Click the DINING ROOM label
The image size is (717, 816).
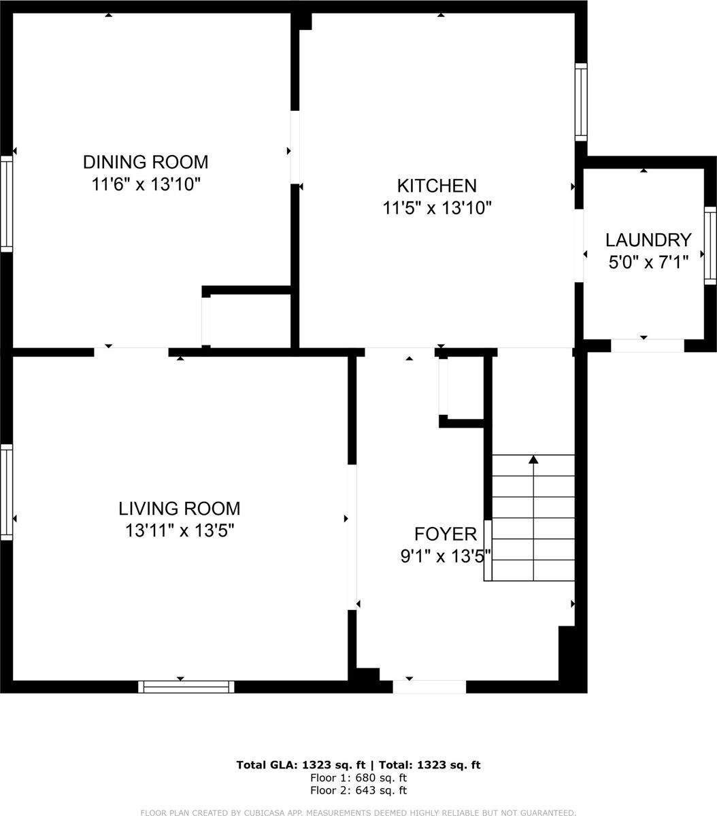[145, 163]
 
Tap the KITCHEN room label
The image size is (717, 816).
[437, 186]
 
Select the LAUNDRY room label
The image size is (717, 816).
[648, 240]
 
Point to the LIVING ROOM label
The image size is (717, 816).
[180, 509]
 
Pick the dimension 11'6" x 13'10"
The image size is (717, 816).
[146, 184]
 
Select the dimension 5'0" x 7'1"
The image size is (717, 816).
[648, 261]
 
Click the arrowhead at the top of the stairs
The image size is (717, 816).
[533, 460]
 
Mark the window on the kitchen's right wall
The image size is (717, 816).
[581, 102]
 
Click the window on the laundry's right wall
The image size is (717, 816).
[710, 245]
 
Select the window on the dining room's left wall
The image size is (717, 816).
[6, 204]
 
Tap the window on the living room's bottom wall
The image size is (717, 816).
[186, 687]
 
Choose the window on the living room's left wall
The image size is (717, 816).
[6, 492]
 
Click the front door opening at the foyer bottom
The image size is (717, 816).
[429, 686]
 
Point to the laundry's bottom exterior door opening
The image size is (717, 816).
[647, 345]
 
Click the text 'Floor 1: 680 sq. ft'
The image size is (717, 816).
[358, 778]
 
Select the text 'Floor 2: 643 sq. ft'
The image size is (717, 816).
[358, 790]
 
